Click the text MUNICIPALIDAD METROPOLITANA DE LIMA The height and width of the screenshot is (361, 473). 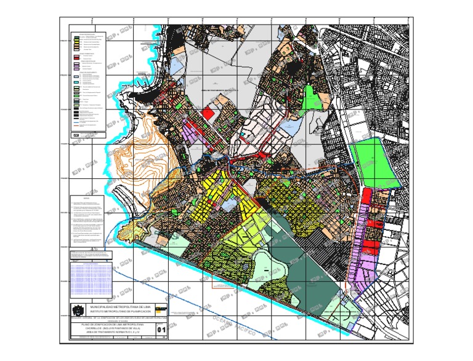point(121,306)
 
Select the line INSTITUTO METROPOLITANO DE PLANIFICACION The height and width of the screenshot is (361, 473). point(121,312)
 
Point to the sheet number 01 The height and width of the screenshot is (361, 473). point(162,330)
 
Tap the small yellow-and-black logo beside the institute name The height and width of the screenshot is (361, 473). point(161,307)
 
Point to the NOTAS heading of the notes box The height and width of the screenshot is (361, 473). point(87,198)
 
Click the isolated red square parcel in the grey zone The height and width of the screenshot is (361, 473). point(209,114)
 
